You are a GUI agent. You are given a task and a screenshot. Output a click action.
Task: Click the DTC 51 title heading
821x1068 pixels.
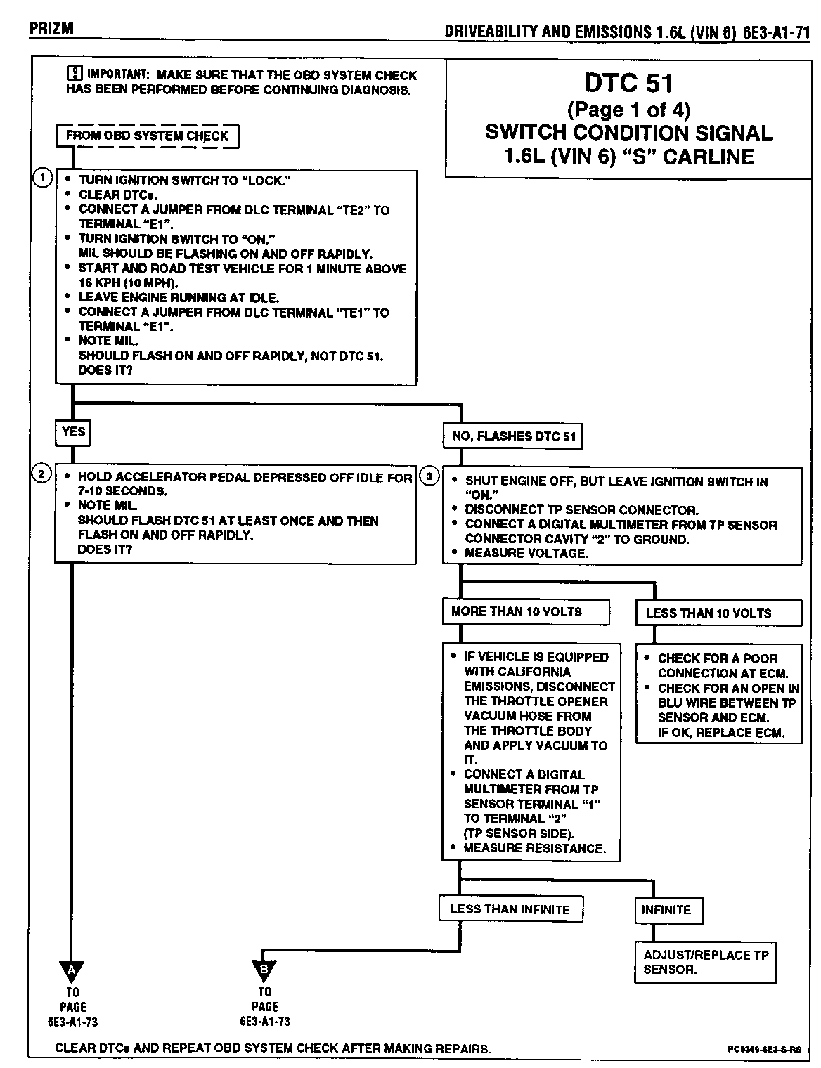(628, 83)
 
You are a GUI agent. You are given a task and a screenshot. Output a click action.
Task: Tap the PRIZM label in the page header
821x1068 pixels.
(51, 29)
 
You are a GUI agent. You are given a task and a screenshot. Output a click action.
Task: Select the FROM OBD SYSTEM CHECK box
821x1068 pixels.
(147, 136)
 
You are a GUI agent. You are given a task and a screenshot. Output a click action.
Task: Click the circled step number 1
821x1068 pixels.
(42, 178)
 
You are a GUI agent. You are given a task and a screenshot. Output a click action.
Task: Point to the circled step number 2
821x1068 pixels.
(42, 474)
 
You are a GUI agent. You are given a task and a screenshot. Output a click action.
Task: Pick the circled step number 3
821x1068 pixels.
(429, 476)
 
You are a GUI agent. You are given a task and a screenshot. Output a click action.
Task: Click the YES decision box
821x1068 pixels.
(73, 432)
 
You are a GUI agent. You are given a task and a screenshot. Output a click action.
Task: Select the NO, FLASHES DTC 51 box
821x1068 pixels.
(513, 436)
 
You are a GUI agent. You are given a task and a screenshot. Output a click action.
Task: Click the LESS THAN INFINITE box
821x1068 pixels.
(510, 909)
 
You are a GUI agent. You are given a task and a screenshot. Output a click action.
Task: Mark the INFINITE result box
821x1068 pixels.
(666, 910)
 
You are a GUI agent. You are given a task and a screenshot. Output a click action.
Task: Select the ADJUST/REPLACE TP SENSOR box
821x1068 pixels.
(706, 962)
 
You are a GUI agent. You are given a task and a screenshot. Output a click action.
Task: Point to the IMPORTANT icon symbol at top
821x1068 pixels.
(73, 74)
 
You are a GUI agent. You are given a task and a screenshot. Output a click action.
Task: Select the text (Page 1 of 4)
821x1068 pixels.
(628, 110)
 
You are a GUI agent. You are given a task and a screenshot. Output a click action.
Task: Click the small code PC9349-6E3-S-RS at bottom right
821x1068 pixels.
(764, 1050)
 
